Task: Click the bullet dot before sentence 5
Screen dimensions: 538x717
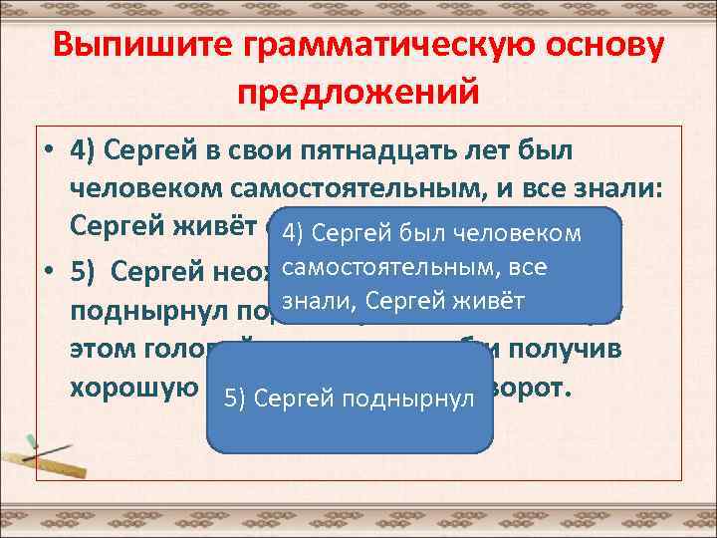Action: [48, 272]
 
